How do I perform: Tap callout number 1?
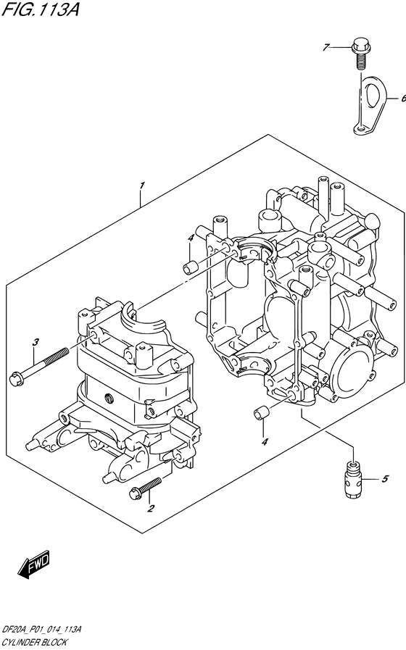143,186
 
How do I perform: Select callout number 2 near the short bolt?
151,508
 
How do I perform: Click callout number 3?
34,342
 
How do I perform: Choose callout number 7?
326,47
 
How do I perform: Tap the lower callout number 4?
265,442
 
